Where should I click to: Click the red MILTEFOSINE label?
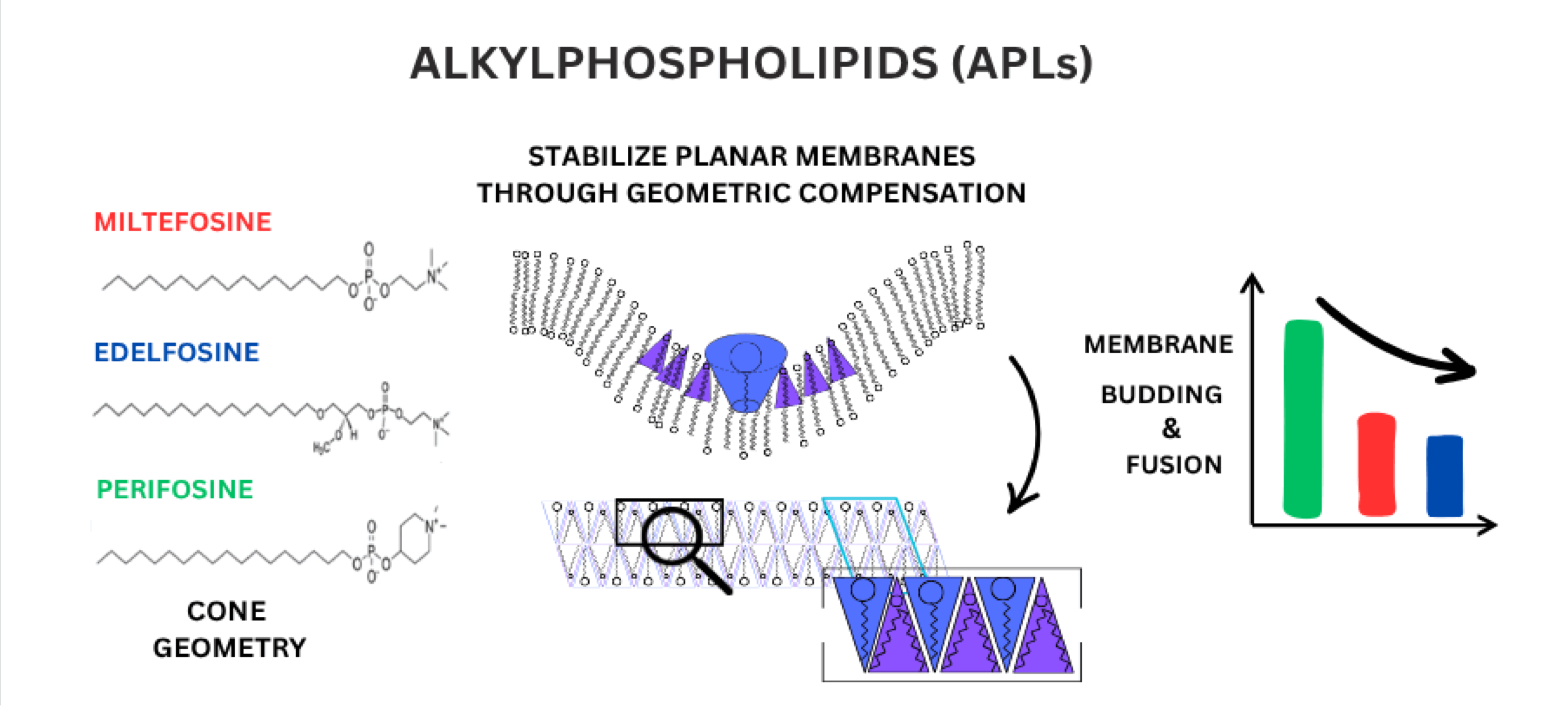coord(182,222)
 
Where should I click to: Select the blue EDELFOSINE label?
coord(176,352)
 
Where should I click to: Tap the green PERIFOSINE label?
coord(175,489)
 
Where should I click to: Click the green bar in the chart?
coord(1303,419)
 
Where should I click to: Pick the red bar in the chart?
coord(1377,464)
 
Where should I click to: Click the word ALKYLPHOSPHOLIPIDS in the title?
coord(674,63)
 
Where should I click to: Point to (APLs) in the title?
coord(1022,63)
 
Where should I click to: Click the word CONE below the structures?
coord(226,611)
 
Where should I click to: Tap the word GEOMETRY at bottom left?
coord(229,648)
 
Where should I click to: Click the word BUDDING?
coord(1161,395)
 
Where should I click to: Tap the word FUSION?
coord(1173,465)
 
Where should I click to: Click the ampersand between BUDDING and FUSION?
coord(1171,428)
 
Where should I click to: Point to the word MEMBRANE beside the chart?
coord(1158,345)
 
